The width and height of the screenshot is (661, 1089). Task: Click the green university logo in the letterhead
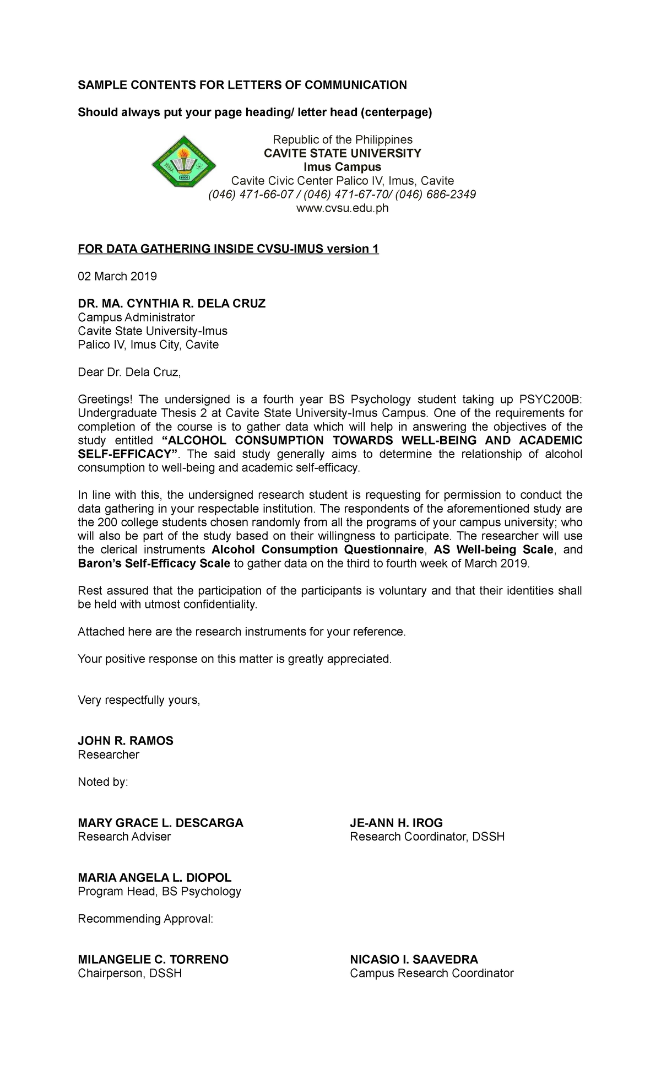[x=184, y=161]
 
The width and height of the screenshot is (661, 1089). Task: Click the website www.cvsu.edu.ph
[x=342, y=208]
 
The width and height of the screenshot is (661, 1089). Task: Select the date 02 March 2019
[x=117, y=276]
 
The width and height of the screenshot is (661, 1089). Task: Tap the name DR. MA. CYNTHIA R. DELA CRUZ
[x=171, y=304]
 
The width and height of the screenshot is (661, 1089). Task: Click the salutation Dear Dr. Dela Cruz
[x=129, y=372]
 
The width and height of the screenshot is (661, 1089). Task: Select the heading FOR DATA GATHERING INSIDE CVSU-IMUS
[x=228, y=249]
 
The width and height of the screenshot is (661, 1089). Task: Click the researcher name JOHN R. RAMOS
[x=126, y=741]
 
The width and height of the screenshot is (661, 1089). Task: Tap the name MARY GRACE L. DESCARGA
[x=160, y=823]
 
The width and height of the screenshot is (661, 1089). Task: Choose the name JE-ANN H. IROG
[x=396, y=823]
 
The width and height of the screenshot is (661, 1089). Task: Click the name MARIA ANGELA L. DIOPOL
[x=155, y=877]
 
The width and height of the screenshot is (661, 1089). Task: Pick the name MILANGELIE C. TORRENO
[x=153, y=959]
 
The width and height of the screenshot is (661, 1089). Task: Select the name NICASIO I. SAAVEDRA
[x=414, y=959]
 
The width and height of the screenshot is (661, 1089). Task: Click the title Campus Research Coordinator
[x=431, y=973]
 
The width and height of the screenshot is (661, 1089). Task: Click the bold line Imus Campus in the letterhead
[x=342, y=167]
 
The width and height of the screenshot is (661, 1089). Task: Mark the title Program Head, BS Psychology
[x=159, y=891]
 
